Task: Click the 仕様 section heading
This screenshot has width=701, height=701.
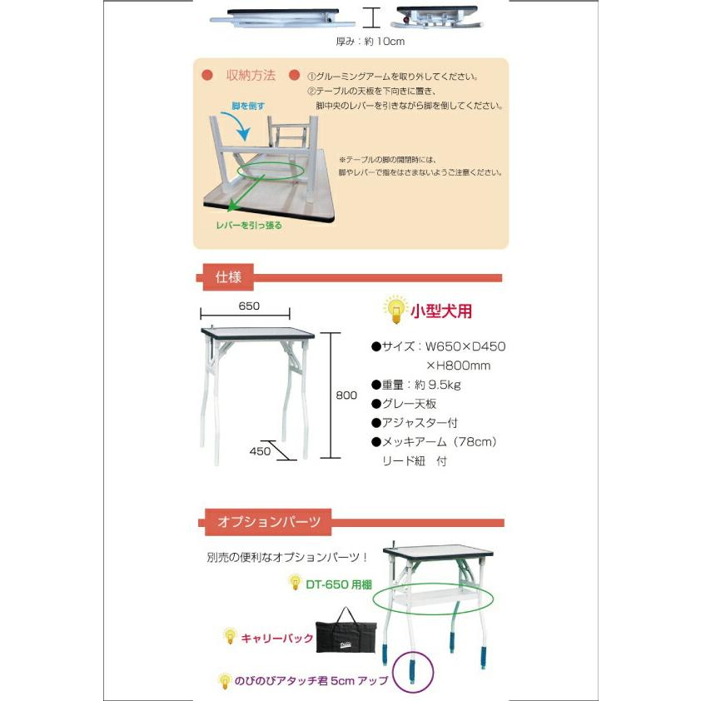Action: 228,277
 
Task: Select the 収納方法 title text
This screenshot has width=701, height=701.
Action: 251,76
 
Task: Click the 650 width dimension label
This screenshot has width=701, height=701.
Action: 248,306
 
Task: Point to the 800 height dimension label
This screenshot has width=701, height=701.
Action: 346,395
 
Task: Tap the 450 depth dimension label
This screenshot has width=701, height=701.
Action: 260,452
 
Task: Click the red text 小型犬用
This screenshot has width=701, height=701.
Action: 441,311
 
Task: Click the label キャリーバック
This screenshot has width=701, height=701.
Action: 277,639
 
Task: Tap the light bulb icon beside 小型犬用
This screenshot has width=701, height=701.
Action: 395,310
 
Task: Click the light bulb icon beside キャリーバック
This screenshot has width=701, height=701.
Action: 230,637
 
